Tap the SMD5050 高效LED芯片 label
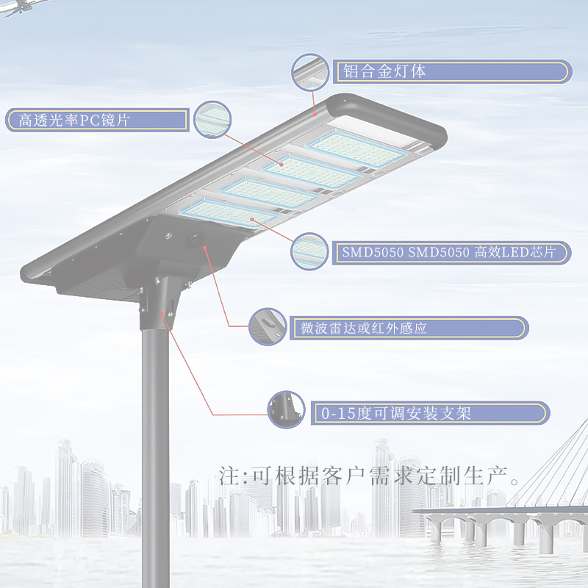(x=453, y=252)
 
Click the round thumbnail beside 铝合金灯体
(x=310, y=71)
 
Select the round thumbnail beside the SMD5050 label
(x=309, y=251)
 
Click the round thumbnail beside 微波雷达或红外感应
(x=267, y=327)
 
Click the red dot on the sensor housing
(x=207, y=249)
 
